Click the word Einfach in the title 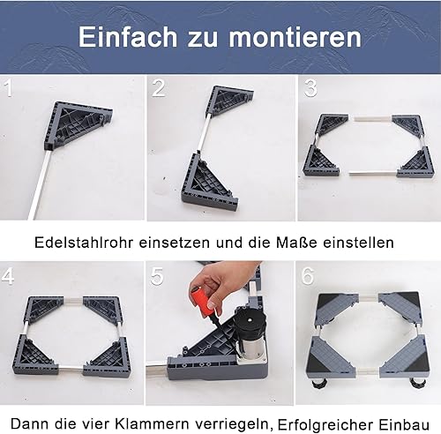123,39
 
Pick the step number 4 9,277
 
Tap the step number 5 159,277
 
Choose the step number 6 309,277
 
